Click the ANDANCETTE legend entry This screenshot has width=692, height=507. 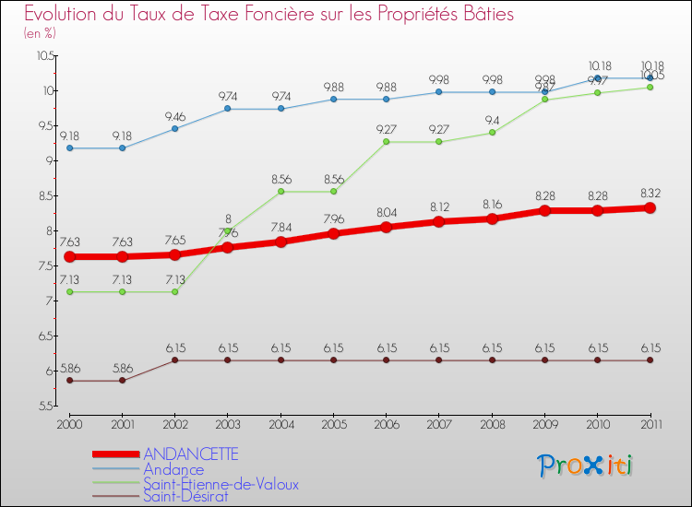click(x=190, y=454)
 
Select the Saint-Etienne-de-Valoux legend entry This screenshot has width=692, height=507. click(x=221, y=483)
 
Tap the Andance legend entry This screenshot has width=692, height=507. click(x=174, y=469)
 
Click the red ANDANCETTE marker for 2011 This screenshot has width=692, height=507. click(x=650, y=208)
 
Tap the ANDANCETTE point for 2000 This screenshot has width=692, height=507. click(x=69, y=256)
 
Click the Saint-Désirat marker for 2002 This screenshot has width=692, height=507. click(x=175, y=360)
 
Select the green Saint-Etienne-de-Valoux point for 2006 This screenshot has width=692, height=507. click(x=387, y=142)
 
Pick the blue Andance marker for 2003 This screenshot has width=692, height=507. click(x=228, y=109)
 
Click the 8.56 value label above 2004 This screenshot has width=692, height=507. click(x=280, y=178)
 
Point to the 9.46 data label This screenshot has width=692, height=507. click(x=175, y=116)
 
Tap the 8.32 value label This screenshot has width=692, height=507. click(x=650, y=194)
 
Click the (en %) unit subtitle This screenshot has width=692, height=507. click(x=40, y=33)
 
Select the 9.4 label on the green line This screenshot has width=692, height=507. click(x=492, y=120)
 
